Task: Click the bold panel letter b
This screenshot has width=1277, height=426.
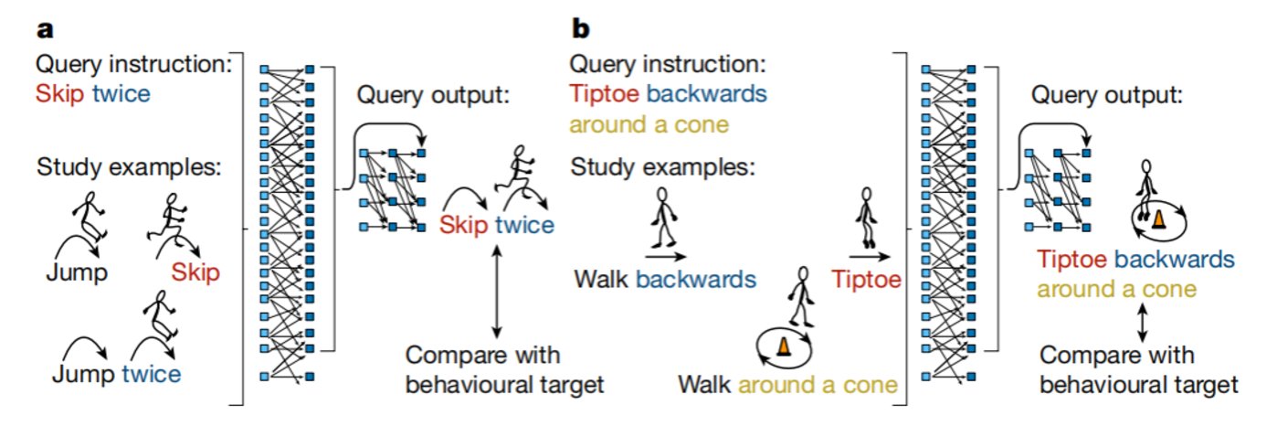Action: click(581, 28)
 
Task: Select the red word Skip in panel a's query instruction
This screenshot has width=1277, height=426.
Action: click(57, 94)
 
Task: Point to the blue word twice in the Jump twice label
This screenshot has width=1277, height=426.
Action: click(151, 374)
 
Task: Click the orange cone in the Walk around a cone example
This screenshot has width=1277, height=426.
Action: click(782, 346)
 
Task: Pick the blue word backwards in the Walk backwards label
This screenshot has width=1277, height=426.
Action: click(696, 279)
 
